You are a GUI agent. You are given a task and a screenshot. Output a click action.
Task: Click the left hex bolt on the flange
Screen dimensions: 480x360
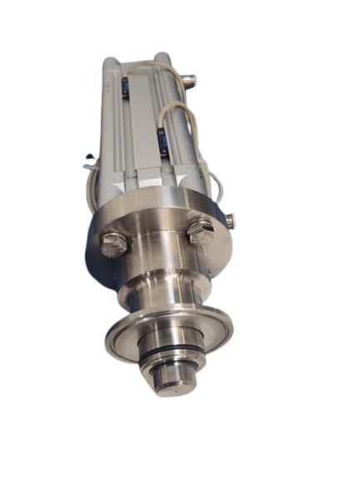(x=114, y=245)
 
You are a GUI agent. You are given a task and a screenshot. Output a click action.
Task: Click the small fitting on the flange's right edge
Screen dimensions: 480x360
(x=229, y=220)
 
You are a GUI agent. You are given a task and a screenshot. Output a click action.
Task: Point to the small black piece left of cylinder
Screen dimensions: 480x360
(x=87, y=155)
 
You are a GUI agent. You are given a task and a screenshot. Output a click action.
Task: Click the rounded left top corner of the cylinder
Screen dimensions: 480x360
(x=111, y=64)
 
